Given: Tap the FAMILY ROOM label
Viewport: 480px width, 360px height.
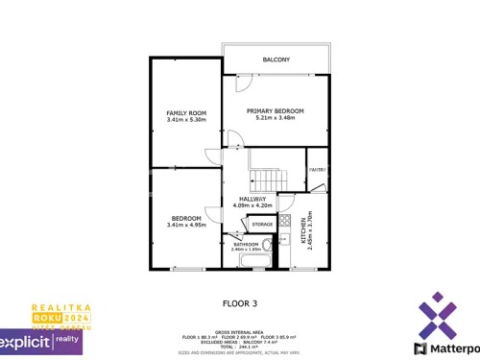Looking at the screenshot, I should [x=186, y=113].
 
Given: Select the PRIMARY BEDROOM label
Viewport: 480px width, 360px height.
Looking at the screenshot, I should [x=275, y=111].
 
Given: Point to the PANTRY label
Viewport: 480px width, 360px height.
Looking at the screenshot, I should [x=317, y=170].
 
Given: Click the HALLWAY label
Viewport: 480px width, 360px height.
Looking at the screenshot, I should [x=253, y=199].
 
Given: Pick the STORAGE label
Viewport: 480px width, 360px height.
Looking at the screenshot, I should [x=262, y=224].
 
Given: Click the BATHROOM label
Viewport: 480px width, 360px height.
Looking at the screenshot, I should [x=247, y=244].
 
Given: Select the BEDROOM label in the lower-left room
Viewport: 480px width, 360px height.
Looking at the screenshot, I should [x=186, y=218].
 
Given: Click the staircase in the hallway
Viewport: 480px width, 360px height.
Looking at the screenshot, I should [x=268, y=177].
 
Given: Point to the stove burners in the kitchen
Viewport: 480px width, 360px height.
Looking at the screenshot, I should [x=285, y=222].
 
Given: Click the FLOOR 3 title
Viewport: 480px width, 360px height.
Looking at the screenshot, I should [x=240, y=303].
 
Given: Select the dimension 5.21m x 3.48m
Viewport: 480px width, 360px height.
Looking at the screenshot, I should [x=275, y=119].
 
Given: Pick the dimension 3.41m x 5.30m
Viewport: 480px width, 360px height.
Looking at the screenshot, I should [x=186, y=120].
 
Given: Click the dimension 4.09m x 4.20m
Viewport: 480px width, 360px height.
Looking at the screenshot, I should [x=253, y=205].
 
